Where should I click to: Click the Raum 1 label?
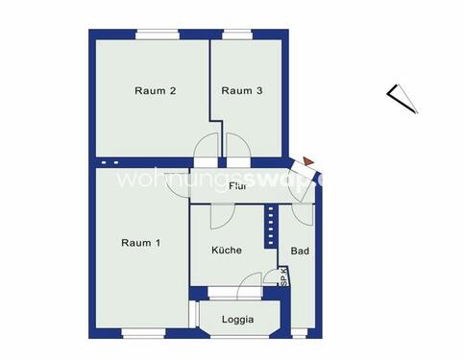(x=140, y=242)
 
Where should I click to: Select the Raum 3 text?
(x=242, y=92)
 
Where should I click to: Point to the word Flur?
(x=239, y=185)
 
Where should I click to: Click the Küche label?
(x=227, y=250)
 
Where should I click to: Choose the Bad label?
(x=299, y=251)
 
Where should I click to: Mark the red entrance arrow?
(x=306, y=161)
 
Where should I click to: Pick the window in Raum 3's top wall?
(x=237, y=36)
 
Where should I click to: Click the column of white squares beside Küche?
(x=270, y=227)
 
